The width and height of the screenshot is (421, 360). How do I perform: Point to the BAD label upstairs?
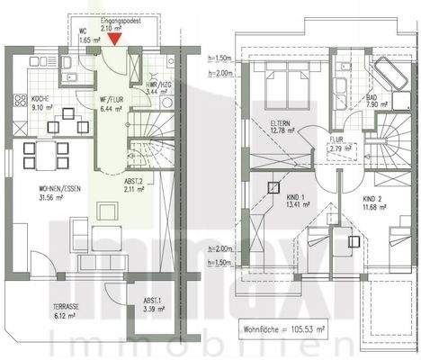point(372,96)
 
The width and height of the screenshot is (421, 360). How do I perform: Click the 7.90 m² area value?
point(374,104)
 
